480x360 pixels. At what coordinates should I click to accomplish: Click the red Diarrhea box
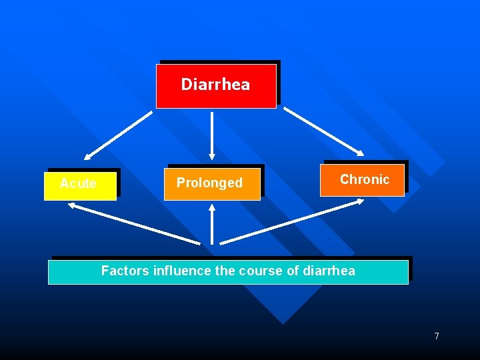tap(216, 86)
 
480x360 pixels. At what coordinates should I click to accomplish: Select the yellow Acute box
tap(80, 185)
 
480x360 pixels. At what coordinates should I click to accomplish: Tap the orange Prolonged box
tap(212, 183)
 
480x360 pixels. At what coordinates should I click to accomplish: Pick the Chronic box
tap(362, 180)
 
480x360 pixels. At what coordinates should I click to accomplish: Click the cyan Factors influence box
tap(228, 272)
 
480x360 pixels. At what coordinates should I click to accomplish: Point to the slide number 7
tap(437, 336)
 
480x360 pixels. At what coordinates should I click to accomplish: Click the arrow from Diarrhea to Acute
tap(119, 135)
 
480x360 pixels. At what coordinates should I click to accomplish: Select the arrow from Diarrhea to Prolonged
tap(212, 136)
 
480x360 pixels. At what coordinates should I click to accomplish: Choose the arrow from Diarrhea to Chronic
tap(324, 131)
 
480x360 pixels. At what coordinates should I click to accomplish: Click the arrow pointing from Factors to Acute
tap(133, 223)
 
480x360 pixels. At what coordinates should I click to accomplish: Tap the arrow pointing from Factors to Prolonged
tap(212, 224)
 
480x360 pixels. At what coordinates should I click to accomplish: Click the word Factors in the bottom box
tap(125, 271)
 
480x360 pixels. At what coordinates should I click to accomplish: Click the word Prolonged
tap(209, 183)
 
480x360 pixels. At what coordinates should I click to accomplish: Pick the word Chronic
tap(365, 179)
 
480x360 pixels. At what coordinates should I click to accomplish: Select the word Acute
tap(78, 183)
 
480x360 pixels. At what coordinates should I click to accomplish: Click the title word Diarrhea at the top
tap(215, 84)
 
